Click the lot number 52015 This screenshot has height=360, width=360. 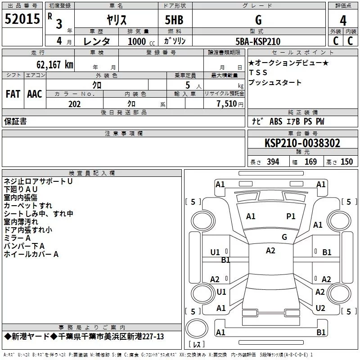[x=22, y=19]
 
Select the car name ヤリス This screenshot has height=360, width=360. [x=117, y=20]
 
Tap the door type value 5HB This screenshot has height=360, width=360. [x=174, y=20]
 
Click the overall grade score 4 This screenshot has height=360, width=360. [x=343, y=21]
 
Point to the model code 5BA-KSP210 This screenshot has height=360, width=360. [x=258, y=41]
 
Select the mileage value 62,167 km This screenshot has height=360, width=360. [x=55, y=65]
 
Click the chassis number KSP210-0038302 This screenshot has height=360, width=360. [x=302, y=143]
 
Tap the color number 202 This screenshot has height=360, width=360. [x=74, y=104]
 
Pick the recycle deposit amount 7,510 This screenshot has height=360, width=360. [x=227, y=104]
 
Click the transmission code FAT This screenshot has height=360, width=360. [x=13, y=94]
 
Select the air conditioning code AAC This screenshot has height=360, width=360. [x=35, y=94]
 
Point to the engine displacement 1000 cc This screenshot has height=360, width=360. [x=141, y=41]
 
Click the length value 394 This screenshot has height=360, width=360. [x=273, y=162]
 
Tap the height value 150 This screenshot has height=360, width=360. [x=346, y=162]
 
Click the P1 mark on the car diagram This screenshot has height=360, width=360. [x=291, y=216]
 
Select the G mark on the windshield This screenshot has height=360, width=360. [x=284, y=237]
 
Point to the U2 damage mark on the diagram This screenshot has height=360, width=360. [x=320, y=308]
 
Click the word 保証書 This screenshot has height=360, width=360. [x=15, y=121]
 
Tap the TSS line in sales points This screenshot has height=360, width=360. [x=258, y=72]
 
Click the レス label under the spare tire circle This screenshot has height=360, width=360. [x=197, y=344]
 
